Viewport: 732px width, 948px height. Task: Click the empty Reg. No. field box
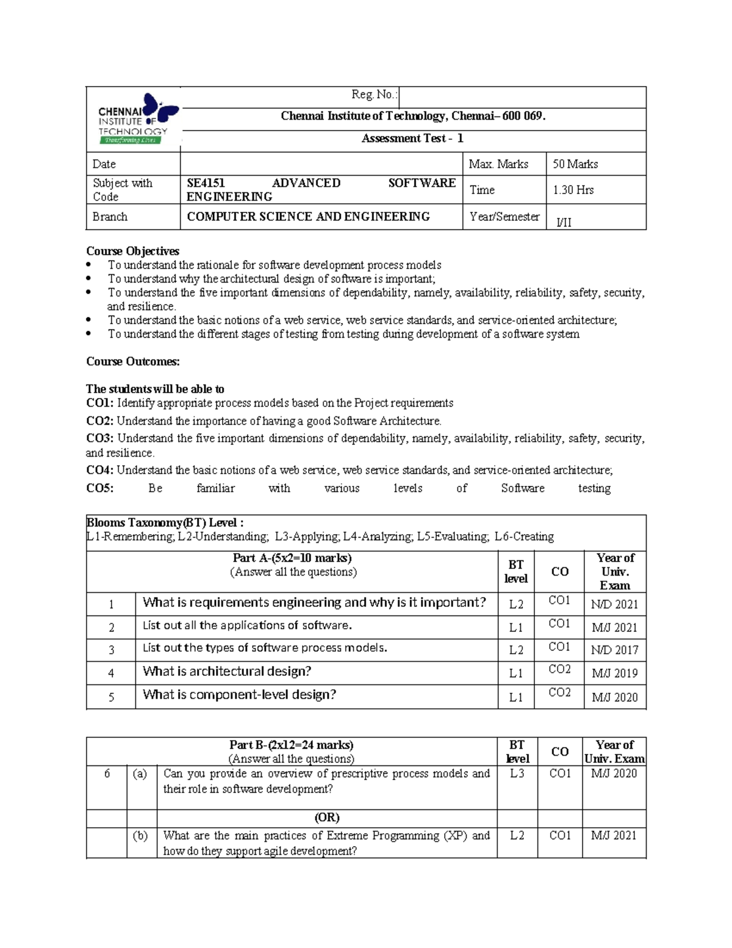click(x=522, y=97)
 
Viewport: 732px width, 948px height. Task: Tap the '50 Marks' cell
click(x=575, y=164)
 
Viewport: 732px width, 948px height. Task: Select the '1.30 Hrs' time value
click(x=573, y=190)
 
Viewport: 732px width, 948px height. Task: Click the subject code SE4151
click(x=206, y=183)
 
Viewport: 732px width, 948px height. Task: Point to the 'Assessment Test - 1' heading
click(x=412, y=139)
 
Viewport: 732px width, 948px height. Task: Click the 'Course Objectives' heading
click(x=132, y=251)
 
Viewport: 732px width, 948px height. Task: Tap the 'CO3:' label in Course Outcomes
click(x=99, y=438)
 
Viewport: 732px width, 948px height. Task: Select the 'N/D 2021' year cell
click(x=614, y=604)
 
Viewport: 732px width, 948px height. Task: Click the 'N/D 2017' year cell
click(x=614, y=650)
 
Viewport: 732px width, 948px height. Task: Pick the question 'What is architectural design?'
click(x=227, y=671)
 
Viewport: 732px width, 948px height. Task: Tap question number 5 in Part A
click(x=111, y=697)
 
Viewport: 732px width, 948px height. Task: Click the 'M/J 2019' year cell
click(x=614, y=673)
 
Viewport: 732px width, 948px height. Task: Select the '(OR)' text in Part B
click(x=327, y=817)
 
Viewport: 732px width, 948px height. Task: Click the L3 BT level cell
click(x=517, y=773)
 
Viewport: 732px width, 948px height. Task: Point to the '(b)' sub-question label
click(x=140, y=836)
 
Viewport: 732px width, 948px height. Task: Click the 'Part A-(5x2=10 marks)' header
click(x=292, y=558)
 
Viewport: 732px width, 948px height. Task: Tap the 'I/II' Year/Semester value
click(x=564, y=222)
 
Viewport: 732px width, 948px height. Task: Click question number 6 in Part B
click(x=107, y=773)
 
